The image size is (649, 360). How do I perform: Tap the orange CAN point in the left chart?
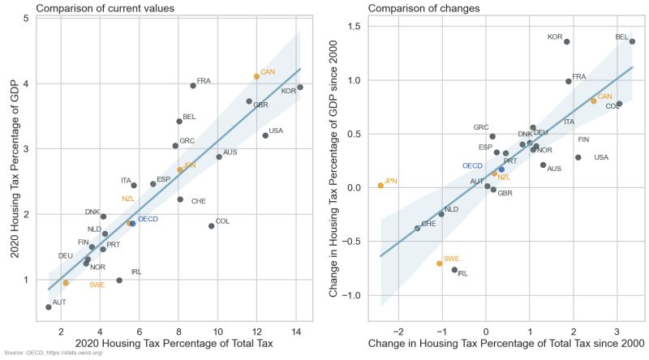pos(256,76)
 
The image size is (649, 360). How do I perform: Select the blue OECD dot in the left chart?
pos(133,223)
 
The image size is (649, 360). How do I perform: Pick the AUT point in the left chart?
pos(49,307)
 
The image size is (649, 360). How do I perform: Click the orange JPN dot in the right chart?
pos(380,186)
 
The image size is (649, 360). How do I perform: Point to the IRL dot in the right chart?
pos(454,270)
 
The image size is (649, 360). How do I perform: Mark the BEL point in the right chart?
pos(632,41)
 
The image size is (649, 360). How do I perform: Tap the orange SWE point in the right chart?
pos(440,264)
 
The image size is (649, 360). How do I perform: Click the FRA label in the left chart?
pos(204,81)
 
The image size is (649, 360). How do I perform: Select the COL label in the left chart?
pos(222,221)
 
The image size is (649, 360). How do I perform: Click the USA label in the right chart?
pos(601,157)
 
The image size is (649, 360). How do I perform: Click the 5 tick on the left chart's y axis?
pos(27,18)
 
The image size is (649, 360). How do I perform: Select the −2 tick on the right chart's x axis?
pos(398,331)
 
